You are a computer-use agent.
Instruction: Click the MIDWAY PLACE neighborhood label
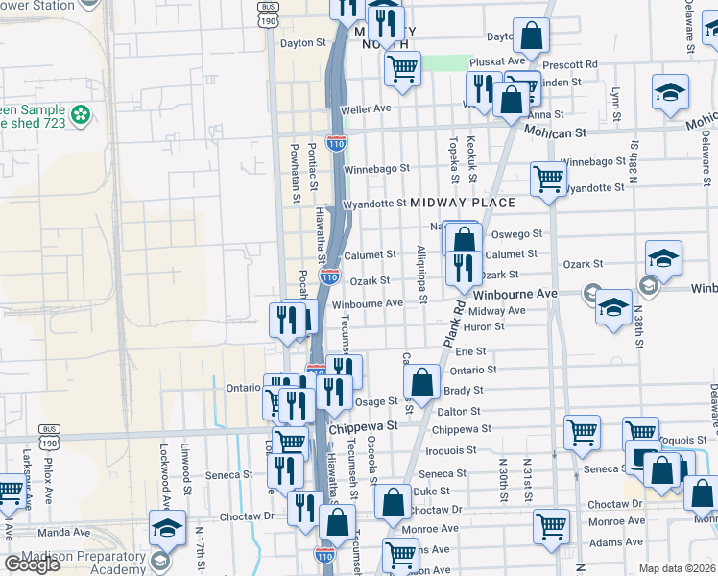click(x=463, y=203)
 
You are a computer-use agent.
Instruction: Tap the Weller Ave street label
click(x=367, y=109)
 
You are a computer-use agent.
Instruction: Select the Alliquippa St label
click(x=421, y=274)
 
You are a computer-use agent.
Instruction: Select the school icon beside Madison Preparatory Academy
click(x=167, y=529)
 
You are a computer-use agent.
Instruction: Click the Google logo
click(x=32, y=564)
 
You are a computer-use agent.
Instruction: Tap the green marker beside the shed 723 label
click(x=81, y=116)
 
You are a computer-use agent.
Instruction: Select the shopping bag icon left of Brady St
click(x=422, y=382)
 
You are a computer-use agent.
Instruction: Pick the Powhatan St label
click(x=295, y=170)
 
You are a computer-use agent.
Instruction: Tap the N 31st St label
click(x=527, y=470)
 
